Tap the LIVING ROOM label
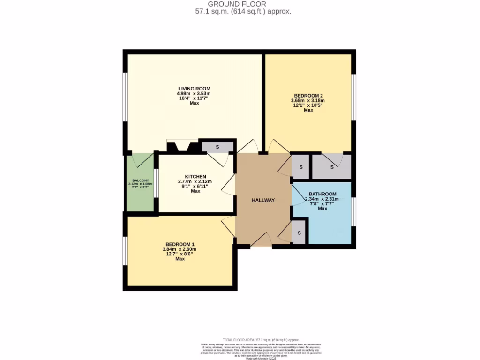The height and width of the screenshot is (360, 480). click(194, 88)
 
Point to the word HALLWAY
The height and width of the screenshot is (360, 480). click(263, 200)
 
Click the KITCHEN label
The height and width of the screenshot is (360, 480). click(195, 176)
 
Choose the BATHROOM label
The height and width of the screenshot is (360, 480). click(322, 194)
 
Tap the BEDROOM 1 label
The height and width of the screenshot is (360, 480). click(180, 244)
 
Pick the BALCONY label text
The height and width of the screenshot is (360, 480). click(141, 180)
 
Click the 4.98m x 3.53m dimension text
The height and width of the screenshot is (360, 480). click(194, 93)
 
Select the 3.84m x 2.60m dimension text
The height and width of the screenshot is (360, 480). click(180, 249)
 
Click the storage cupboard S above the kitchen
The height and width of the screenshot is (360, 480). click(217, 147)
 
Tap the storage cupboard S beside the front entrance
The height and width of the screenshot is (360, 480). click(299, 233)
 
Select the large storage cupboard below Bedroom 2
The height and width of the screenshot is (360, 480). click(331, 167)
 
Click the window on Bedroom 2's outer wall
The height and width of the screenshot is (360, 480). click(353, 103)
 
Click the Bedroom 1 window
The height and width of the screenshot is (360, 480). click(125, 252)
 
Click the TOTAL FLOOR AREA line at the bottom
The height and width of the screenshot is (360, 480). click(261, 340)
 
